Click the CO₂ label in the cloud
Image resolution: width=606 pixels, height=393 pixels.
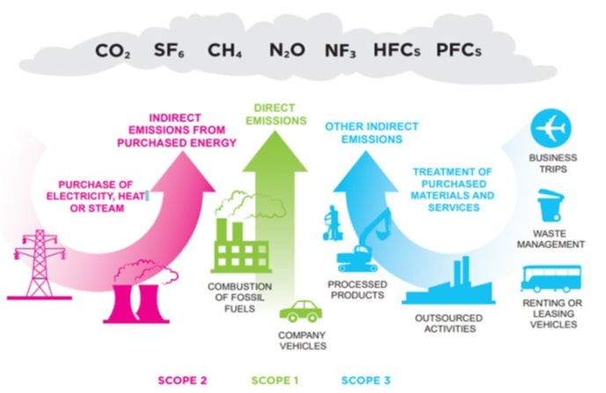[113, 51]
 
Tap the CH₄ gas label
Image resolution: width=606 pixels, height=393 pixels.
[225, 51]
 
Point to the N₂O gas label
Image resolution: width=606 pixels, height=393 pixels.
[287, 51]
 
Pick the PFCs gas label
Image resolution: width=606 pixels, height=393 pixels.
[458, 51]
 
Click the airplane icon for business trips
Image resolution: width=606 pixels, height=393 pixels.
[551, 129]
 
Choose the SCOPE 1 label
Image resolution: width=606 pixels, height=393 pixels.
[276, 380]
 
